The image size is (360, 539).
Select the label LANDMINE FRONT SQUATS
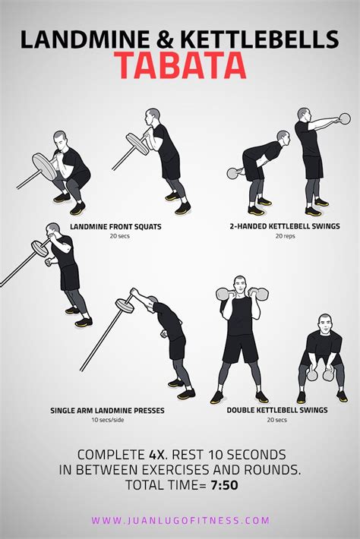[x=115, y=226]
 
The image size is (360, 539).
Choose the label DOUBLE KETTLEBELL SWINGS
[x=276, y=411]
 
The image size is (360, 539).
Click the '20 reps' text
[x=283, y=236]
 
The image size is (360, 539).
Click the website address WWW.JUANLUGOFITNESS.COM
[x=180, y=521]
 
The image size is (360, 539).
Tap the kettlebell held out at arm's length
[x=345, y=118]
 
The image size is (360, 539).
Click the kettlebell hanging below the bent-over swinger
[x=233, y=173]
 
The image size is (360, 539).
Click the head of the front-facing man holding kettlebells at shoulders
[x=240, y=282]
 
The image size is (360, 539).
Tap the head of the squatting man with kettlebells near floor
[x=326, y=322]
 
